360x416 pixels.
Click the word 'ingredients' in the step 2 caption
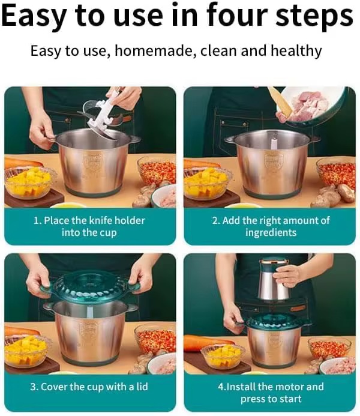271,233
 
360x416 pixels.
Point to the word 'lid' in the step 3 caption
142,387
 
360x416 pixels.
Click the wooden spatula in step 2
281,102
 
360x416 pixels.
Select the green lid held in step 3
89,288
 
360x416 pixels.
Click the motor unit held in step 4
274,280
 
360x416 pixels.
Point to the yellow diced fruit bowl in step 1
29,183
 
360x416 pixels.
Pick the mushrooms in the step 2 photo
334,195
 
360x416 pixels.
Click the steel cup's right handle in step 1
134,139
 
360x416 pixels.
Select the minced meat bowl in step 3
161,364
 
